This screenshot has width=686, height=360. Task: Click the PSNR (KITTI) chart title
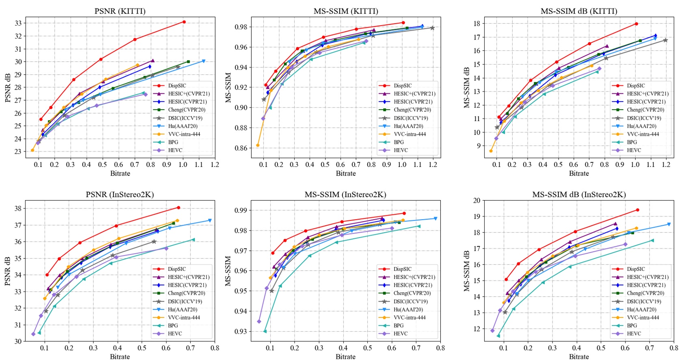click(x=120, y=11)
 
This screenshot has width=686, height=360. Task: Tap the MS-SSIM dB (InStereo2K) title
click(x=579, y=194)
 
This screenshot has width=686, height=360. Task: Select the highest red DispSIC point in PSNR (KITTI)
click(x=184, y=22)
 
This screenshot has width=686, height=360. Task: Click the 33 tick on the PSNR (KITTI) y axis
click(x=18, y=23)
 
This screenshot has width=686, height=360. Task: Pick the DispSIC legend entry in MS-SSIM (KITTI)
click(x=403, y=86)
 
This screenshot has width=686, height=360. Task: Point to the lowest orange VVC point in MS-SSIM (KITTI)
click(x=258, y=145)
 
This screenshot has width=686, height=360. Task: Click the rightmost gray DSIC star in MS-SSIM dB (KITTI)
click(x=665, y=40)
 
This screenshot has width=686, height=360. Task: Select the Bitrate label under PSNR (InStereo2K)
click(x=120, y=356)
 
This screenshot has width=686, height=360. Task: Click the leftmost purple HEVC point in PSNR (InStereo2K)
click(x=33, y=334)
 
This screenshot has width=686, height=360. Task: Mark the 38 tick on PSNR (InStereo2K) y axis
click(x=18, y=209)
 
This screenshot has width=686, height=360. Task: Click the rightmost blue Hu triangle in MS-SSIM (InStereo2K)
click(x=436, y=218)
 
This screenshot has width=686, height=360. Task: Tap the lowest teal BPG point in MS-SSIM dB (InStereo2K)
click(x=498, y=336)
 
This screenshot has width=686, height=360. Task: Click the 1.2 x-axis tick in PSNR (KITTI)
click(x=215, y=164)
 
